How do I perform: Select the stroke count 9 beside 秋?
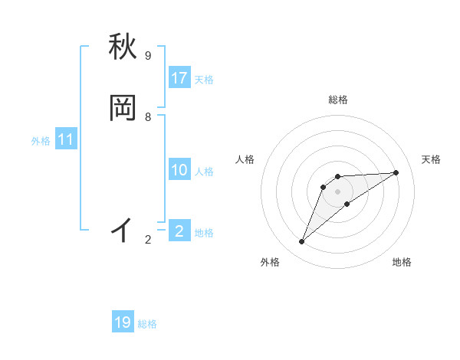click(148, 56)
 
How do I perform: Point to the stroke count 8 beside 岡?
click(148, 116)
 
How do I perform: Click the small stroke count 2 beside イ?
click(148, 240)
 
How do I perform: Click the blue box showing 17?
click(179, 78)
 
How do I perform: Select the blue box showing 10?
click(179, 170)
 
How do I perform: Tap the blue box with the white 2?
click(179, 231)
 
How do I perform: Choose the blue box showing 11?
click(66, 139)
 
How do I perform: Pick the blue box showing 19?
click(123, 322)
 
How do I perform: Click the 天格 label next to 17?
click(204, 80)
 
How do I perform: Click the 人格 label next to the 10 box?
click(204, 172)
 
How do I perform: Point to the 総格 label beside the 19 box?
click(147, 324)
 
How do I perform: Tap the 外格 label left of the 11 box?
click(41, 141)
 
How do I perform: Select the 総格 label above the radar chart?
click(338, 100)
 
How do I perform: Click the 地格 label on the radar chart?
click(402, 262)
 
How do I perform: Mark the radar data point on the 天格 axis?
click(396, 172)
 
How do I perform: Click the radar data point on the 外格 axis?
click(301, 242)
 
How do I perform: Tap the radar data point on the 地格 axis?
click(347, 204)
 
